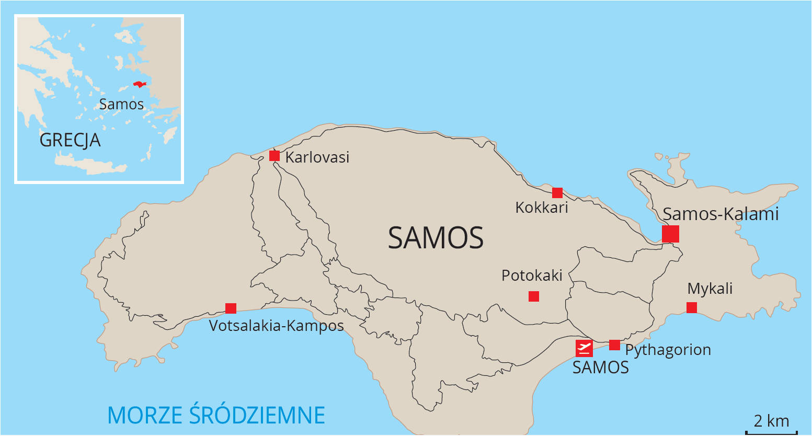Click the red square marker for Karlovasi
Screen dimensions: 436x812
275,156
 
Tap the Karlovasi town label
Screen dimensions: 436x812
317,157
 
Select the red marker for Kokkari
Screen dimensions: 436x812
557,193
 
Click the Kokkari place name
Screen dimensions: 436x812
542,208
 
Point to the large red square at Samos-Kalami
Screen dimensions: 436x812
670,234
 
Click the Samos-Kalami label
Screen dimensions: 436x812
720,214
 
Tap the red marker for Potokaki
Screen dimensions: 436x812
534,296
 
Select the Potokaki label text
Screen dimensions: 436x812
532,276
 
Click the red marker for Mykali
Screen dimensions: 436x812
692,307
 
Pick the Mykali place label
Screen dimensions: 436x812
710,289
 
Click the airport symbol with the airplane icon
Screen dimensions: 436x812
584,348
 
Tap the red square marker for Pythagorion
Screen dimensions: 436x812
615,345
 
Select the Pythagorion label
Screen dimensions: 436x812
668,350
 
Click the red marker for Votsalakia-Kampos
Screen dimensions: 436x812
231,308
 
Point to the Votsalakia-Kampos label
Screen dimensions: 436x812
277,326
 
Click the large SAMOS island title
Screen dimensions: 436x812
436,238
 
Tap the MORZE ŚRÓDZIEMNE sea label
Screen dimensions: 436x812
216,415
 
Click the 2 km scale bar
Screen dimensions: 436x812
771,430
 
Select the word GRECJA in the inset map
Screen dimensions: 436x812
70,140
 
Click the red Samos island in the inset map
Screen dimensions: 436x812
139,84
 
